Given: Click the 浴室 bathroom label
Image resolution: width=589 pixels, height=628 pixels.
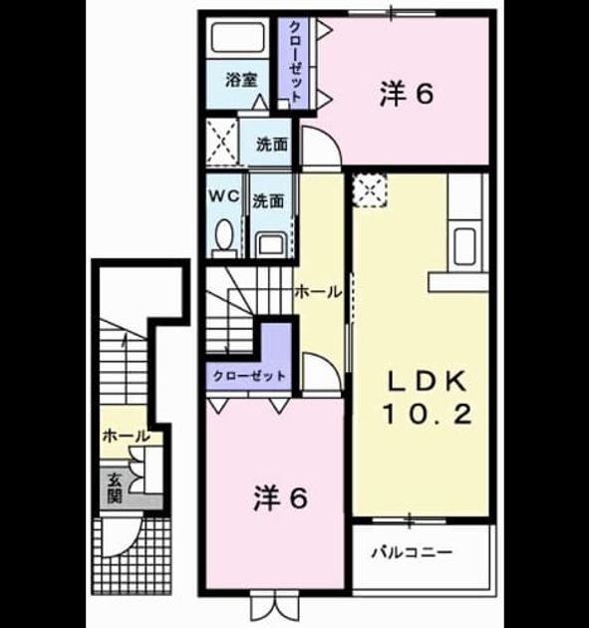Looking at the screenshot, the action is [241, 80].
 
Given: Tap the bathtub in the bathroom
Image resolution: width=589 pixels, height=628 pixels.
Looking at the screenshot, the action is [238, 37].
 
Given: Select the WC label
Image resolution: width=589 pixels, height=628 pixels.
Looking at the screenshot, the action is [224, 195].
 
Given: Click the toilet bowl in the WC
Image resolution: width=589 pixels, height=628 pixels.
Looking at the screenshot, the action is [224, 234].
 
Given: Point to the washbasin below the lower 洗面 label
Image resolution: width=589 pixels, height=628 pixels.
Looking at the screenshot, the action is [271, 244].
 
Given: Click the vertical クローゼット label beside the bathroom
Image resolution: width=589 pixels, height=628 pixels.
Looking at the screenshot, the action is [295, 61].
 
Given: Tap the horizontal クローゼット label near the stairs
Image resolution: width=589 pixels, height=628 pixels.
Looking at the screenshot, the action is [249, 376].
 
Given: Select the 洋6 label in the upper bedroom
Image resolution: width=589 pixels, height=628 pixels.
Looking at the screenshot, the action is [407, 95].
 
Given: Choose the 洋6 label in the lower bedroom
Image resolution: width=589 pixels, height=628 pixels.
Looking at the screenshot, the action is [281, 498].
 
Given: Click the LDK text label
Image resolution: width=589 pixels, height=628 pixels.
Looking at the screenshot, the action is [427, 382].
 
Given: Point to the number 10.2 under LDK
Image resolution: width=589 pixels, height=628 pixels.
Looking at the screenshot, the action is [427, 414].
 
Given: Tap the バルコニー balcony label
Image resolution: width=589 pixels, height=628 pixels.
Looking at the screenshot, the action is [412, 553].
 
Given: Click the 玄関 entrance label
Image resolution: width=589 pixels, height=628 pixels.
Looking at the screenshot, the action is [115, 487].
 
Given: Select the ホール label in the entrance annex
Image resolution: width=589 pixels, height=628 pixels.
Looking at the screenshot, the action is [127, 436].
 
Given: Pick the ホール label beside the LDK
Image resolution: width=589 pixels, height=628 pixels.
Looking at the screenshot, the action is [318, 292].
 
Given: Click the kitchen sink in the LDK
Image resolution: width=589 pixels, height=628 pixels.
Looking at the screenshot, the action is [465, 246].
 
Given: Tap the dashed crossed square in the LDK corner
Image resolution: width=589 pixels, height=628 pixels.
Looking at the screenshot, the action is [370, 190].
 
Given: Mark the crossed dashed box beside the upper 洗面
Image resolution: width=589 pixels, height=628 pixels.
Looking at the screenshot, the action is [222, 142].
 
